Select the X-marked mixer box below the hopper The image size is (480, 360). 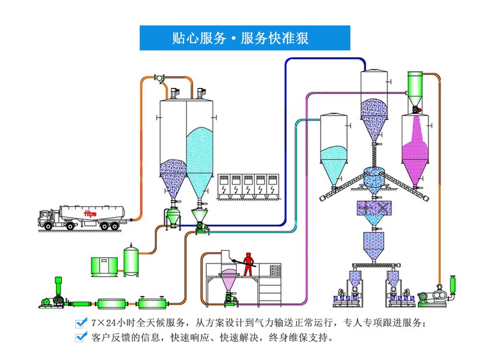coord(375,208)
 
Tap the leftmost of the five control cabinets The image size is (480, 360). coord(224,185)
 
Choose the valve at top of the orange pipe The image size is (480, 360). coord(159,77)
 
